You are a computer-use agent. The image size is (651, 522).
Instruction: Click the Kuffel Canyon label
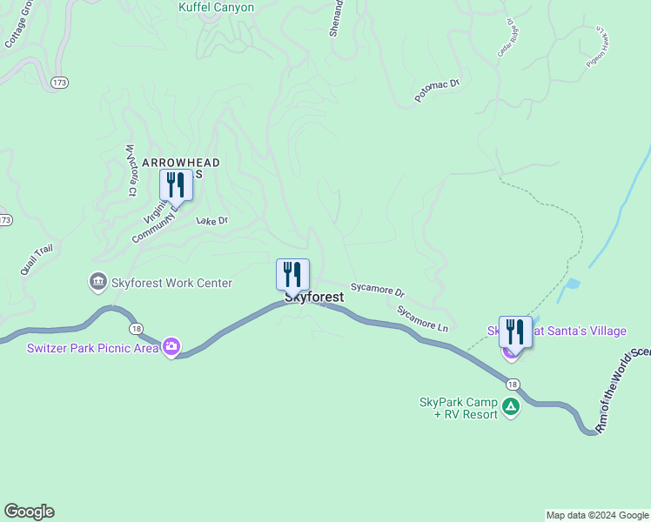pos(216,8)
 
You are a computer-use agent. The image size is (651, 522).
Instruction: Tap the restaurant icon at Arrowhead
pos(176,184)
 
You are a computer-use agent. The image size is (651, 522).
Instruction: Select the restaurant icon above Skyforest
pos(292,274)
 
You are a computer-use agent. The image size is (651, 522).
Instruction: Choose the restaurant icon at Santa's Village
pos(514,331)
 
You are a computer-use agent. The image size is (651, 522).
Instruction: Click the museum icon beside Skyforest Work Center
pos(97,283)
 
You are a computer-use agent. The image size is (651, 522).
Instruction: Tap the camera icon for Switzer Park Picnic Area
pos(171,347)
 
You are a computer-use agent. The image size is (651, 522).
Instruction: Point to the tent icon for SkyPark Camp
pos(511,405)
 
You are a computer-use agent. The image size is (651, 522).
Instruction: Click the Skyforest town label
pos(314,298)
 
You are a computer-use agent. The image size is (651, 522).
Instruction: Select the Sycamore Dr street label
pos(378,288)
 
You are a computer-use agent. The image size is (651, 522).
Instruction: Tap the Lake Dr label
pos(211,221)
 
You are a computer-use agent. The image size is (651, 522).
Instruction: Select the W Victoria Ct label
pos(131,170)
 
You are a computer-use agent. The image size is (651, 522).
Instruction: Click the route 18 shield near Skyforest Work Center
pos(135,328)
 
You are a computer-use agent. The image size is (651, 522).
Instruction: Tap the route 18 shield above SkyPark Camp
pos(512,384)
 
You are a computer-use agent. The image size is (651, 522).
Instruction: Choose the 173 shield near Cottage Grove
pos(59,82)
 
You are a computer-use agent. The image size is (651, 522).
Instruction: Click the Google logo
pos(29,512)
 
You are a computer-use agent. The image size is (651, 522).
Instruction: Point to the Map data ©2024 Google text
pos(596,515)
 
